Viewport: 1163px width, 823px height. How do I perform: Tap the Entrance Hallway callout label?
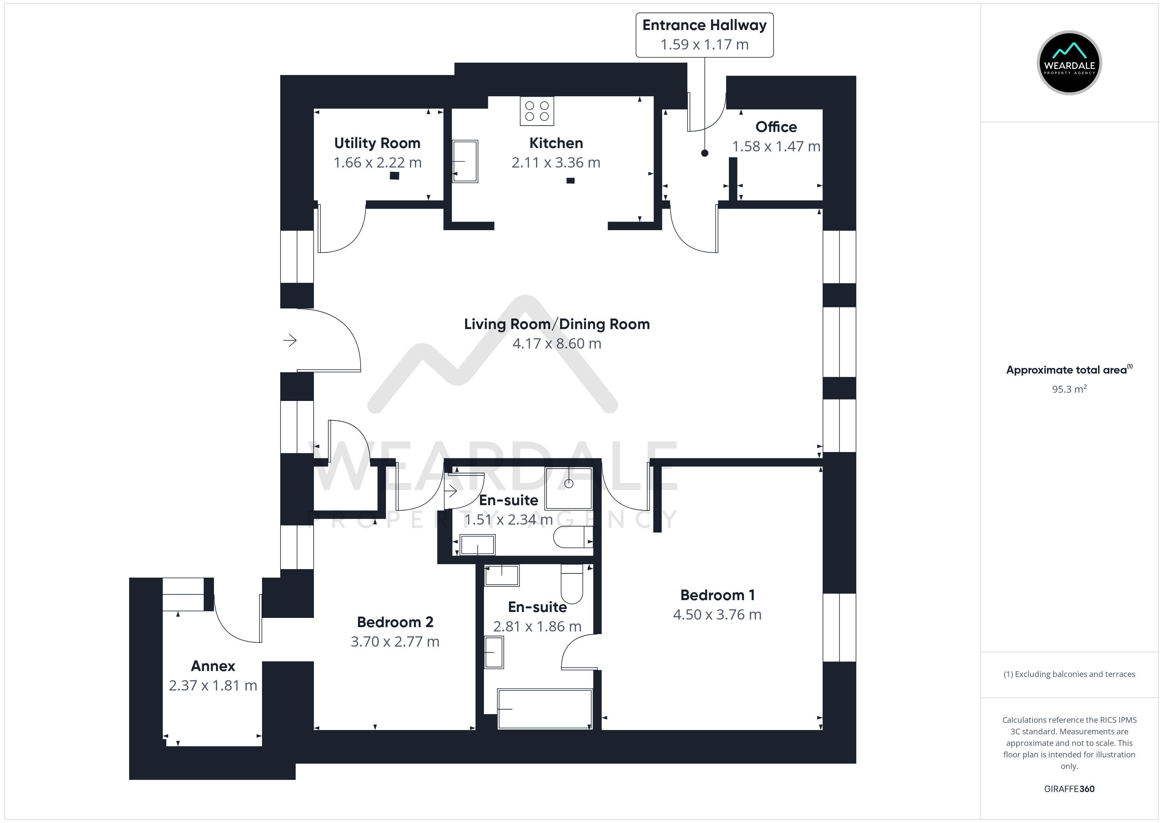click(x=704, y=35)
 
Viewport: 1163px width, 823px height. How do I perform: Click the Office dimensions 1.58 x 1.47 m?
click(x=776, y=146)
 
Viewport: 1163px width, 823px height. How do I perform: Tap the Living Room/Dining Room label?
click(x=557, y=324)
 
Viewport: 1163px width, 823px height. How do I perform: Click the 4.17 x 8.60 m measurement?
click(x=557, y=344)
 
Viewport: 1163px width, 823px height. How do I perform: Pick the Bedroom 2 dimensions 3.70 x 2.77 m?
click(x=395, y=642)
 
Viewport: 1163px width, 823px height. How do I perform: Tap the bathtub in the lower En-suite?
click(x=545, y=709)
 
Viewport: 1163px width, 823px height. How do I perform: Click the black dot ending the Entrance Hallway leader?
click(x=704, y=153)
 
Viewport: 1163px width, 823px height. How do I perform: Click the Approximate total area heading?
click(x=1069, y=370)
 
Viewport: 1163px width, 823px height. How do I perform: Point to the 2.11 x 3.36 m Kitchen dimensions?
click(x=556, y=163)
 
